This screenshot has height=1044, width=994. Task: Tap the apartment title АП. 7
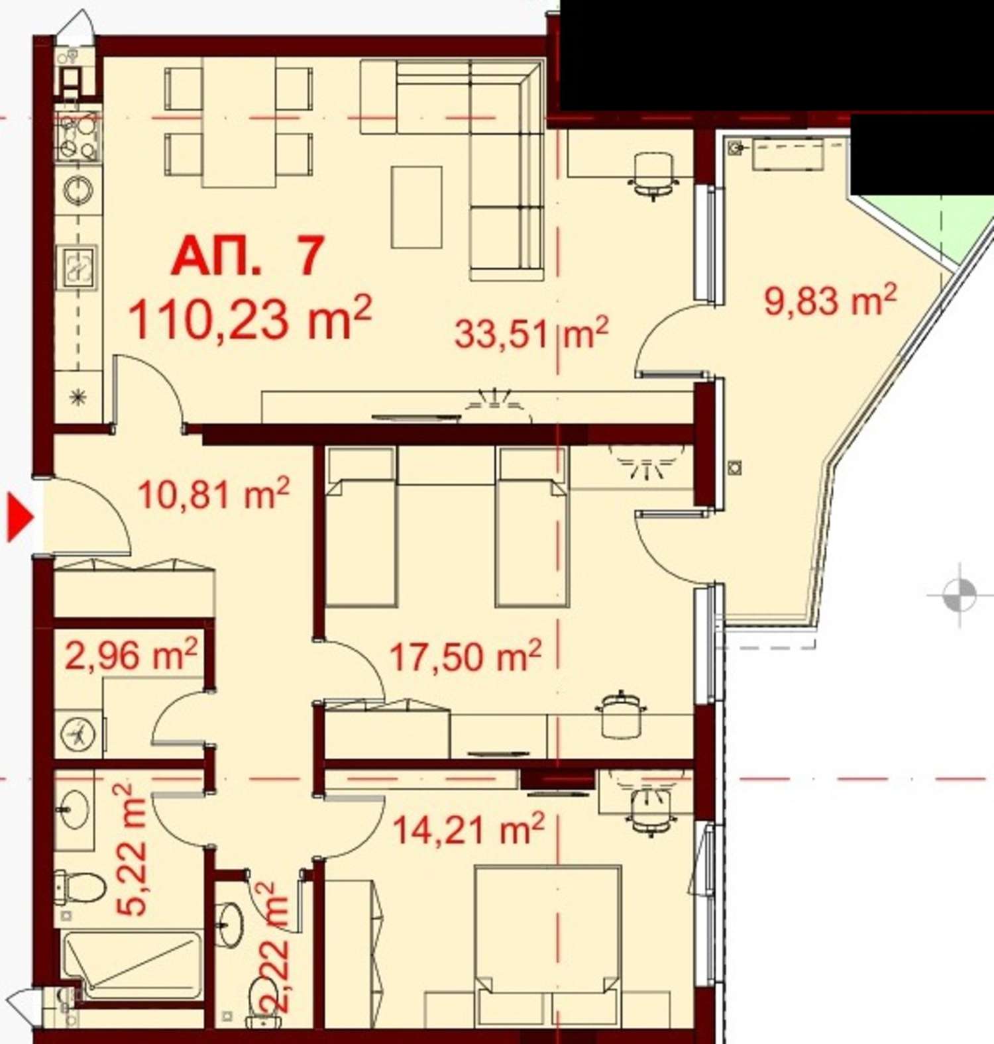(248, 256)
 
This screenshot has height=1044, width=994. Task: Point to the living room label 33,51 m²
(531, 332)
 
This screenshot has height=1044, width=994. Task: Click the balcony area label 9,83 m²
(830, 300)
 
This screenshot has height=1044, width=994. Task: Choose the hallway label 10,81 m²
(213, 494)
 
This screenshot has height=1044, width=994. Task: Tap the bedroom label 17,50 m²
(465, 656)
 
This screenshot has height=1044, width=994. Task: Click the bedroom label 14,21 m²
(469, 829)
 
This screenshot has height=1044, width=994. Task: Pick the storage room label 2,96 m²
(131, 655)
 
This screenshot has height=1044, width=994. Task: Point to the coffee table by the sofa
(416, 207)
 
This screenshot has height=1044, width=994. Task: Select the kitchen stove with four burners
(78, 137)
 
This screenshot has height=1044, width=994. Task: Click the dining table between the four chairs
(238, 123)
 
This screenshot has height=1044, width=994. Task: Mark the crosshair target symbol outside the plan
(959, 594)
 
